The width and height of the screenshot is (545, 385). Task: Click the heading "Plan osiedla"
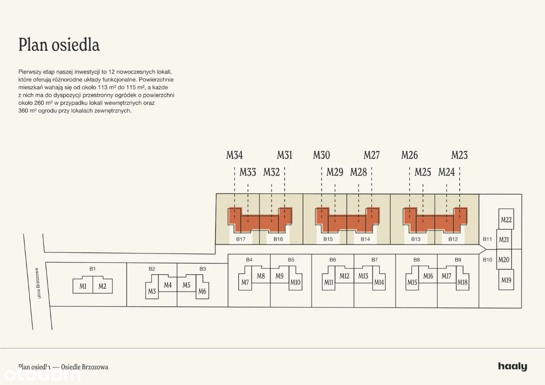click(x=59, y=45)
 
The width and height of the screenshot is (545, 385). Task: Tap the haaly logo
click(x=512, y=367)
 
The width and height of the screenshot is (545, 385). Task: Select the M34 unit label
click(x=234, y=155)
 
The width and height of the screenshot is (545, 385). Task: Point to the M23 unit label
click(x=459, y=155)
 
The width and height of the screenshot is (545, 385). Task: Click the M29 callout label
click(x=335, y=172)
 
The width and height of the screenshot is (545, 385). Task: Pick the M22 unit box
click(x=506, y=219)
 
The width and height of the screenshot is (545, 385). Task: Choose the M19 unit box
click(x=506, y=279)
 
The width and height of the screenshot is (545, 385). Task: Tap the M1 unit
click(x=83, y=286)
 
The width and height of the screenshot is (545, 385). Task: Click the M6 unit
click(x=202, y=291)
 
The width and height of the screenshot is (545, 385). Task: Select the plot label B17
click(x=241, y=239)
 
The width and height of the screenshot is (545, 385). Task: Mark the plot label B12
click(x=453, y=239)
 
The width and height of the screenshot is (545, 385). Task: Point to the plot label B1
click(x=92, y=269)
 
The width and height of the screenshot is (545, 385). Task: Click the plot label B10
click(x=488, y=260)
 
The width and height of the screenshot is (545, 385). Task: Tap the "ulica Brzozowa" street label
click(x=38, y=283)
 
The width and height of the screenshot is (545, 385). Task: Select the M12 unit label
click(x=344, y=276)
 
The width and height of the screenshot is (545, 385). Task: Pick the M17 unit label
click(x=447, y=276)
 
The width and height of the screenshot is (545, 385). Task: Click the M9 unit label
click(x=280, y=276)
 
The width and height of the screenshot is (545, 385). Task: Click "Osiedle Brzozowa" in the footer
click(x=85, y=367)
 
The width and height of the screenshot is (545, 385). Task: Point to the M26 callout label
click(x=410, y=155)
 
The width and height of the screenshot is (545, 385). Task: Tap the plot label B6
click(x=333, y=260)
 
